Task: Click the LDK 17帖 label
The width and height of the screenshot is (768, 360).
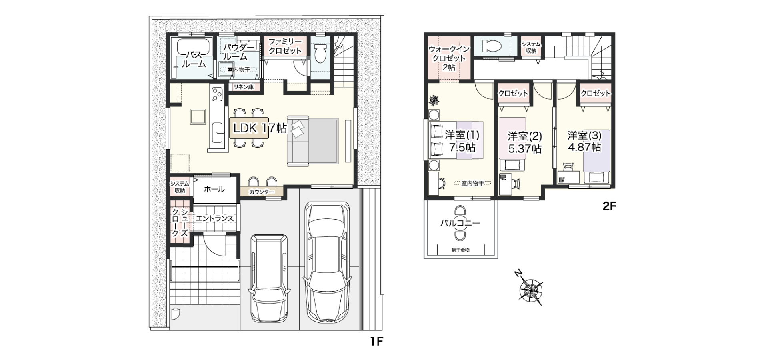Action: point(260,128)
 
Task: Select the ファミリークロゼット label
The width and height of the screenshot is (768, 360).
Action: point(285,46)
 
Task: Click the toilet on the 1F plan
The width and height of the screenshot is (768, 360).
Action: point(320,54)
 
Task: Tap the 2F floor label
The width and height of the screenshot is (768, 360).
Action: point(610,206)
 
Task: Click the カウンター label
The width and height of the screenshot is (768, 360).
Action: point(262,192)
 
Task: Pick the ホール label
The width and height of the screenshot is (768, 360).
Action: point(214,189)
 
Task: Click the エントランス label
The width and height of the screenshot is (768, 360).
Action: point(215,218)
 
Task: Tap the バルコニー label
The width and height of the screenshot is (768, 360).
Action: point(460,223)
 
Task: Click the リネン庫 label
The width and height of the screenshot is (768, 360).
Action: point(244,87)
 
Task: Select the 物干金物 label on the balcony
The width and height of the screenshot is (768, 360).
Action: point(460,250)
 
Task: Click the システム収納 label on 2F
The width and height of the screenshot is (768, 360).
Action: point(531,48)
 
